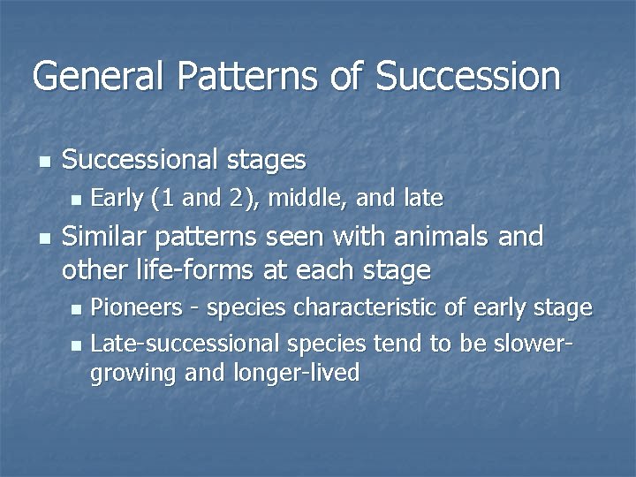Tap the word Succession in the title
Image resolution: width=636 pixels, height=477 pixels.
coord(467,76)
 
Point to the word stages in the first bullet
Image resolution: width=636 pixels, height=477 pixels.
coord(264,160)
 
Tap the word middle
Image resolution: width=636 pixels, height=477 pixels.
coord(303,198)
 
